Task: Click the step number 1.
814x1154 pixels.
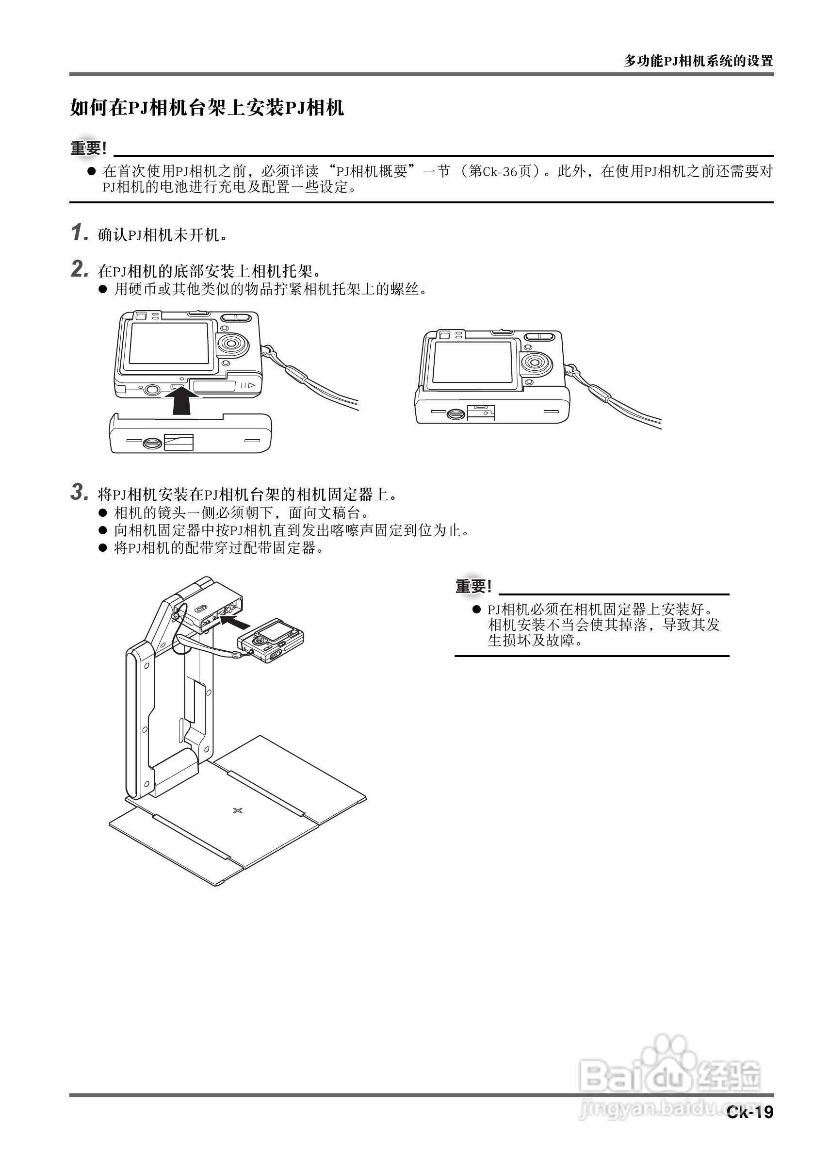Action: click(79, 233)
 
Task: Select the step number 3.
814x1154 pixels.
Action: click(80, 492)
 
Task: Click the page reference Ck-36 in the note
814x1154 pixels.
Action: click(500, 171)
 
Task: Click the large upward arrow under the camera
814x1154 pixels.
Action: click(181, 402)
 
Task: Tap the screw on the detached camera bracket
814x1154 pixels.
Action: click(152, 442)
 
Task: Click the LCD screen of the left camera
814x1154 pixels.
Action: click(169, 343)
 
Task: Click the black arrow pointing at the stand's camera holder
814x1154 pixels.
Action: click(236, 623)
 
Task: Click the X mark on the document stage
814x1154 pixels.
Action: click(238, 810)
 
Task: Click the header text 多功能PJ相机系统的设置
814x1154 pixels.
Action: click(698, 61)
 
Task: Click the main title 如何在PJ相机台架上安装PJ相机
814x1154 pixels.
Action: click(207, 108)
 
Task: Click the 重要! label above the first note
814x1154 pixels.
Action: click(88, 148)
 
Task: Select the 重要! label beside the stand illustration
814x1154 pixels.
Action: click(473, 586)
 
